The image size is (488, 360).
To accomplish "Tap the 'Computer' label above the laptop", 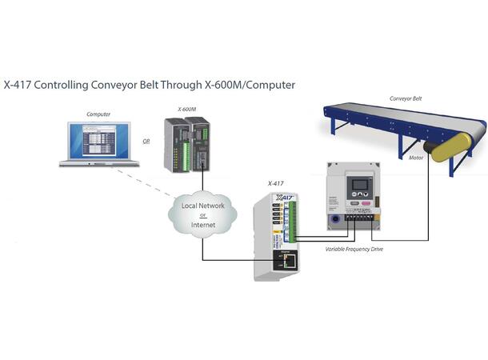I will [x=98, y=114].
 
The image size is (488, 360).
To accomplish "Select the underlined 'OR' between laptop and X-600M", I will [x=146, y=142].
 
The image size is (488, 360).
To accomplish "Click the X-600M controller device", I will [x=186, y=143].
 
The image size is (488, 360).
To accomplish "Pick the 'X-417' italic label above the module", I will [x=275, y=183].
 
